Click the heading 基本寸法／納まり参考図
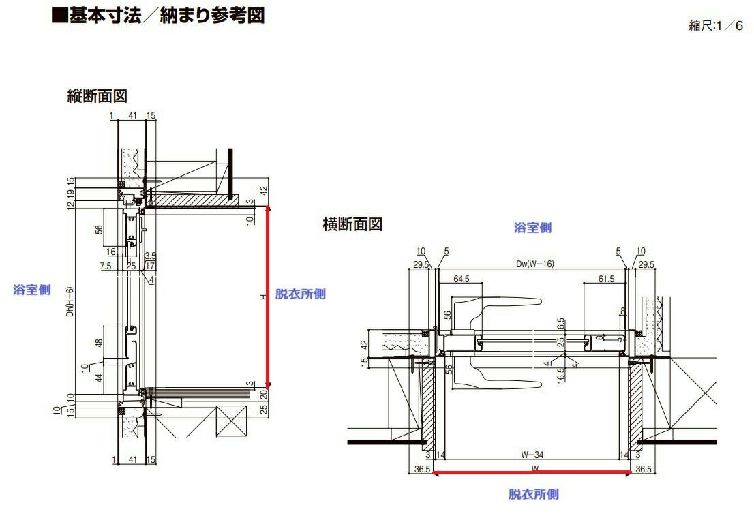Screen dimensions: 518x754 [158, 16]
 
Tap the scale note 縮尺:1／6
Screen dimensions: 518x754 [716, 26]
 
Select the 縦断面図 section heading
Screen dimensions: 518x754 [97, 96]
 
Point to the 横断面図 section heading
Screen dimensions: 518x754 [352, 224]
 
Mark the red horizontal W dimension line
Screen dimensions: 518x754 [532, 472]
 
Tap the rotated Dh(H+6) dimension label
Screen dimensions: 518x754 [70, 307]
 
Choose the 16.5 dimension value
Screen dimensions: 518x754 [561, 374]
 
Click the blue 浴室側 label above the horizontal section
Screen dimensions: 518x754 [532, 228]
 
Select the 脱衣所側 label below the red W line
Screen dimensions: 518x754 [533, 494]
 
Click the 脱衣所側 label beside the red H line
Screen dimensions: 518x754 [300, 294]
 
